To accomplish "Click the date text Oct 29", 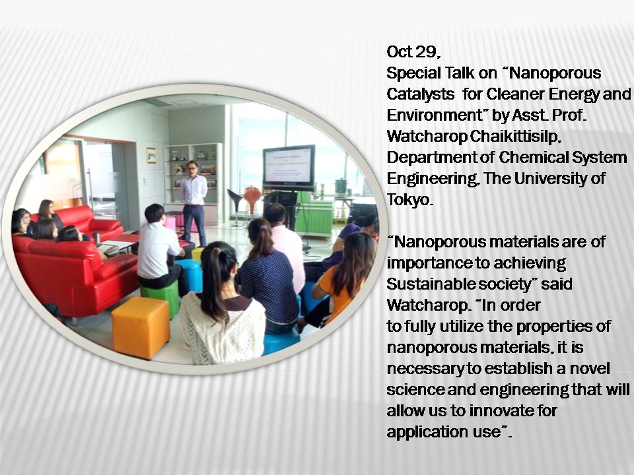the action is [x=413, y=51].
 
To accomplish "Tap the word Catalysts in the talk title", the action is [x=421, y=94].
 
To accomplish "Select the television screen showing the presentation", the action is [x=289, y=166].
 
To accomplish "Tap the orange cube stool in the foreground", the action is [x=140, y=327].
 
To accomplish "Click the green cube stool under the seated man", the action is [x=161, y=297].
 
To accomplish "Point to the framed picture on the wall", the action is [x=151, y=155].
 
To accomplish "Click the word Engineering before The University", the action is [x=432, y=179].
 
